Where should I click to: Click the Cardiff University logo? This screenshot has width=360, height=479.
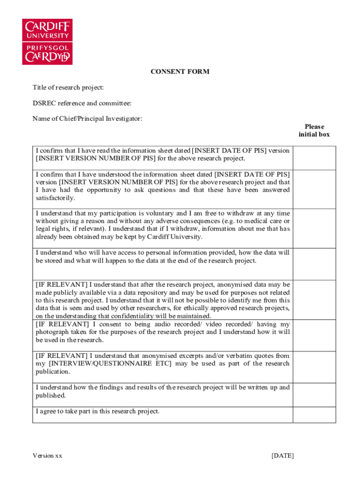(48, 42)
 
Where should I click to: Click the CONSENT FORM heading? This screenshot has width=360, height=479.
(180, 72)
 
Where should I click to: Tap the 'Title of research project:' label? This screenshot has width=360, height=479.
(68, 87)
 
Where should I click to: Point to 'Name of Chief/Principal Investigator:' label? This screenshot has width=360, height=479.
(87, 118)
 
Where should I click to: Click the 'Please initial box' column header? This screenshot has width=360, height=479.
(314, 131)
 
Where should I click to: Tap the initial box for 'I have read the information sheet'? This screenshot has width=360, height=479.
(314, 158)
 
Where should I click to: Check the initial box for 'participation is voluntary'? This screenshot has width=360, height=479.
(314, 228)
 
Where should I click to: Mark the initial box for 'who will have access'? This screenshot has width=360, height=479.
(314, 264)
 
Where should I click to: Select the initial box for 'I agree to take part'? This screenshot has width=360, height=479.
(314, 415)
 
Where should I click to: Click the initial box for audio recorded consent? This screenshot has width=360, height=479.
(314, 335)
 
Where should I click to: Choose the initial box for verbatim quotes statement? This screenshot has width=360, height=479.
(314, 367)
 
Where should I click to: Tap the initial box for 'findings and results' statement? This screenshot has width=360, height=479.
(314, 394)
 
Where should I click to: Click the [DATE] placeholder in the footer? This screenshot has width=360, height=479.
(282, 456)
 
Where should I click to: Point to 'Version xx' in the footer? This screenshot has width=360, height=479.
(47, 456)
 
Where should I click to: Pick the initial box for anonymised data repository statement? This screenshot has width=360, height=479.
(314, 300)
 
